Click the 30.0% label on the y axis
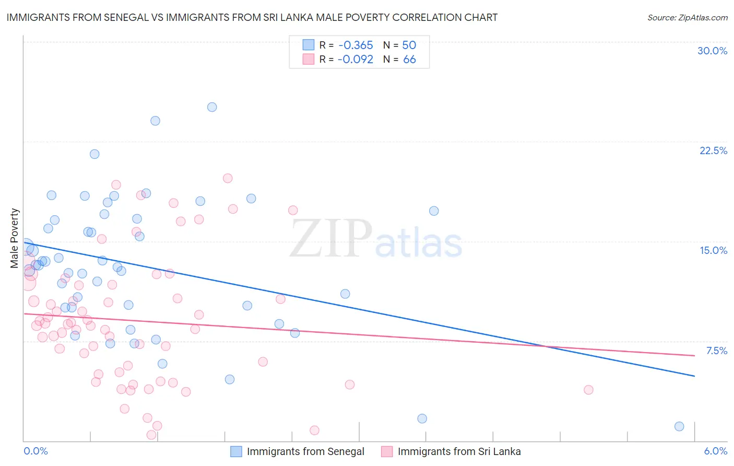pos(712,51)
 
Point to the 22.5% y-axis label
pos(713,150)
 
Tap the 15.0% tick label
pos(713,250)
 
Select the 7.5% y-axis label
pos(716,351)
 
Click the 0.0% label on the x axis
pos(35,451)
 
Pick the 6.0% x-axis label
pos(715,451)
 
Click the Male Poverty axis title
pos(15,238)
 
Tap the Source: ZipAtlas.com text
pos(687,17)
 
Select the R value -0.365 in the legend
pos(355,45)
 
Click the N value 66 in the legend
pos(409,60)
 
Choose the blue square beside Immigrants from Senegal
pos(236,451)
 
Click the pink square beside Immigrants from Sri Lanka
pos(387,451)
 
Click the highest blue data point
pos(212,107)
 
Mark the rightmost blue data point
pos(679,426)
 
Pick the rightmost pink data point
pos(588,390)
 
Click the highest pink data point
pos(228,178)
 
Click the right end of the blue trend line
pos(694,376)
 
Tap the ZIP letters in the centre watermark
pos(331,238)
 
